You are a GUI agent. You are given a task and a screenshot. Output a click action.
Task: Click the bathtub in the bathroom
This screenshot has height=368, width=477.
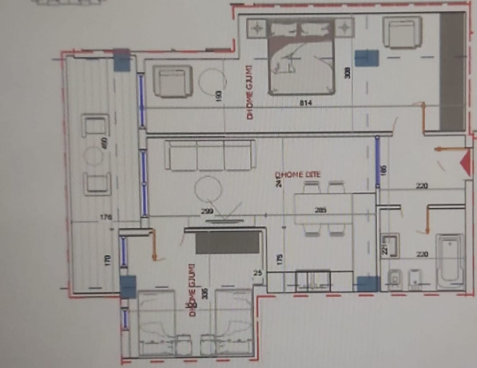(450, 259)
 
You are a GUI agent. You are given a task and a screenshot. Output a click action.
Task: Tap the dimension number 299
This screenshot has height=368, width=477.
(206, 211)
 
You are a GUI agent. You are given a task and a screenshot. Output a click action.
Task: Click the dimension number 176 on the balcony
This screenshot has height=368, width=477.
(104, 217)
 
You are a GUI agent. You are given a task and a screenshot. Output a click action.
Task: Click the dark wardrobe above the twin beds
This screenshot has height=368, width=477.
(228, 242)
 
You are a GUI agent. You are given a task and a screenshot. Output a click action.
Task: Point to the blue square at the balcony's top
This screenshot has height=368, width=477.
(121, 59)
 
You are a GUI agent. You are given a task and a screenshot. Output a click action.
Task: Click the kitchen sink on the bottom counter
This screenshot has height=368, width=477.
(314, 280)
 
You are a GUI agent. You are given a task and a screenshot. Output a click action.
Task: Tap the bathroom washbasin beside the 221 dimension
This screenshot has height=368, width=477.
(391, 245)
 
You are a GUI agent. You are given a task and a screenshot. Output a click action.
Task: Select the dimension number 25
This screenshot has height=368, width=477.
(258, 273)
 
